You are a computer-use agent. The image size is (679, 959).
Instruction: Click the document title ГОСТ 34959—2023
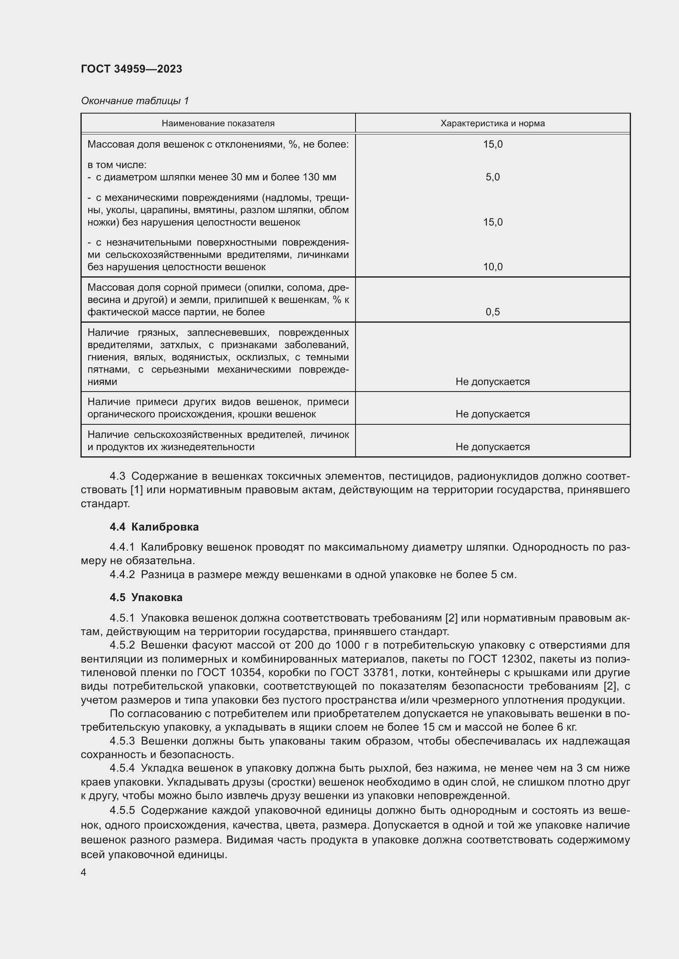131,69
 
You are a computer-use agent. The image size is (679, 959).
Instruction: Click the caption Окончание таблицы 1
135,101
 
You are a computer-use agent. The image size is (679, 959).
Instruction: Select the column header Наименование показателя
218,123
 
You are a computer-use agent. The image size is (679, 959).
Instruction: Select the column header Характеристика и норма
493,123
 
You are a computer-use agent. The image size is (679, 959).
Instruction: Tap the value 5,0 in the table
493,177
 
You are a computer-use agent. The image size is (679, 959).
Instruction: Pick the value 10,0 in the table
493,267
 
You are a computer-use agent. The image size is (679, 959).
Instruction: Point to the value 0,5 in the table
493,312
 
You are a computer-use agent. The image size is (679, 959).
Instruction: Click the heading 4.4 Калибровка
154,527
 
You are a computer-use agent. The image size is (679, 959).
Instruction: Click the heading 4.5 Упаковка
146,598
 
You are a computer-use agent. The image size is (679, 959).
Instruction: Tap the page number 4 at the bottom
84,872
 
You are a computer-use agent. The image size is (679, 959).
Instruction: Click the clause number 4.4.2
122,575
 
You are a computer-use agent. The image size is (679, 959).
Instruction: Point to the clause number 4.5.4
122,768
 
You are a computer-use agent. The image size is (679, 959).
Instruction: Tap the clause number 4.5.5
122,810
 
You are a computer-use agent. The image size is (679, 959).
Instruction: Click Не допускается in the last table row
493,447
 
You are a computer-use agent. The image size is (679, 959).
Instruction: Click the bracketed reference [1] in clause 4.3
137,490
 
